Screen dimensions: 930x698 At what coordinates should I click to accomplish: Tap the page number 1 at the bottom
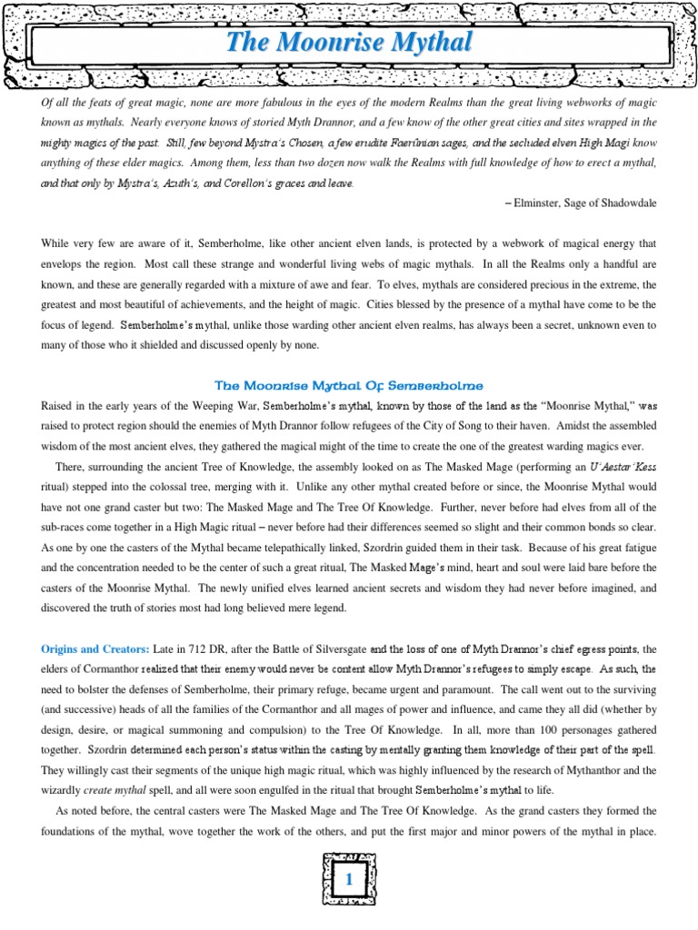(349, 878)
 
